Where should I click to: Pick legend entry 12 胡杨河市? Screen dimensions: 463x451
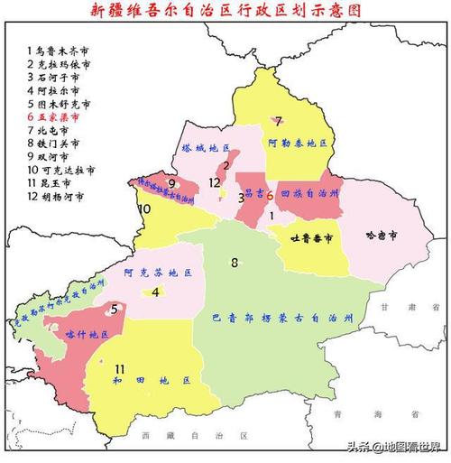pyautogui.click(x=56, y=195)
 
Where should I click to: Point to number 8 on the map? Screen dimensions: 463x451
pyautogui.click(x=235, y=263)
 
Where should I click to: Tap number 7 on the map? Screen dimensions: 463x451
pyautogui.click(x=279, y=120)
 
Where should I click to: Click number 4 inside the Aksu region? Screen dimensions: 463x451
pyautogui.click(x=155, y=292)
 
